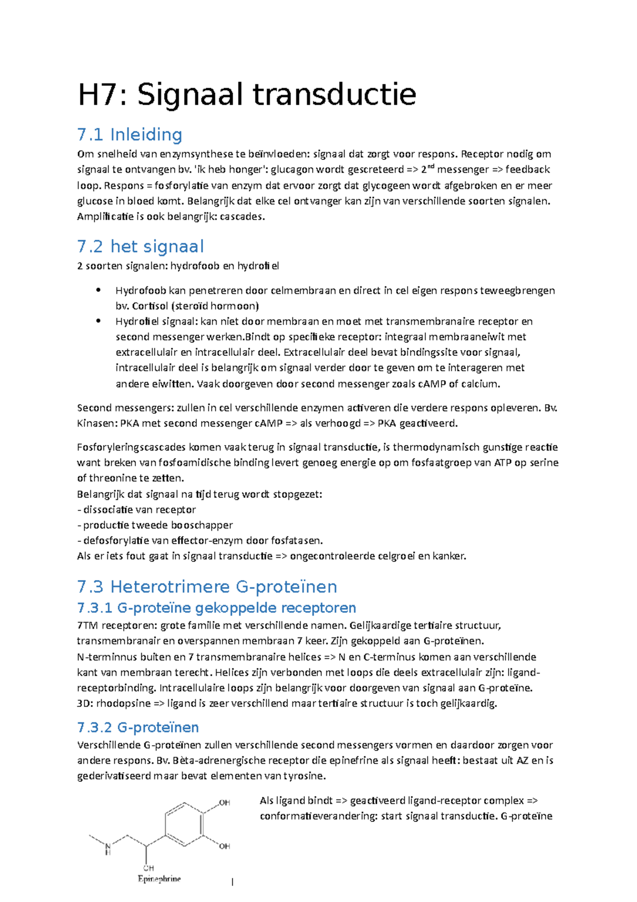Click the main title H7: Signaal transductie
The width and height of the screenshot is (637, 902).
point(247,95)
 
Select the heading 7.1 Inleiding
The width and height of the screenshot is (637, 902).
point(130,135)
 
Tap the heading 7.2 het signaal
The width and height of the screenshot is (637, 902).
point(140,246)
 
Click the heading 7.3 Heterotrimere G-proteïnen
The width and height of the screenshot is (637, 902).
point(207,587)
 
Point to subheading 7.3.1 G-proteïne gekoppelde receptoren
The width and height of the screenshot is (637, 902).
point(217,608)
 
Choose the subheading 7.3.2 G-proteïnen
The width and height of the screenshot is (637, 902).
point(138,727)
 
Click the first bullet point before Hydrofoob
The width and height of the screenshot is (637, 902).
point(98,290)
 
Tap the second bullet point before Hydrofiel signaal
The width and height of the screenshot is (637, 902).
point(98,321)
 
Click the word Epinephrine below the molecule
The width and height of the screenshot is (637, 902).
point(159,879)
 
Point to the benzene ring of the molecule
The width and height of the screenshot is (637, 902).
point(184,824)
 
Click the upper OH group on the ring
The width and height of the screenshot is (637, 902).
point(224,803)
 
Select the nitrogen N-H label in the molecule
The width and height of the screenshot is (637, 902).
point(108,848)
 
